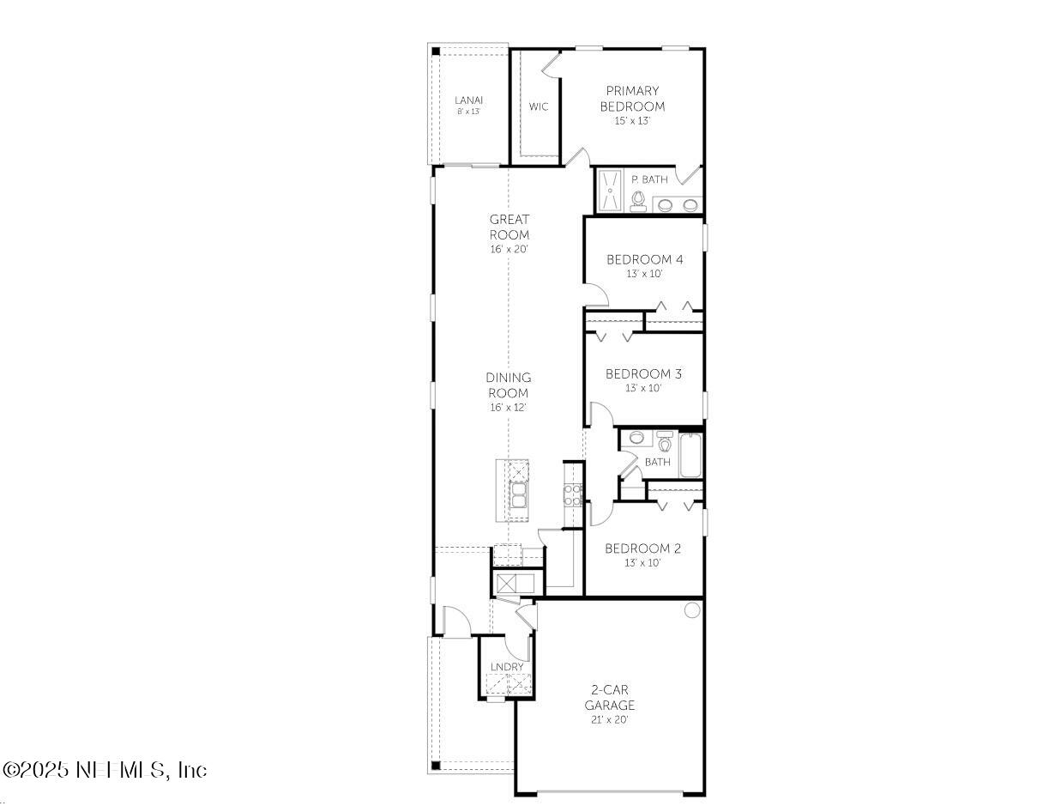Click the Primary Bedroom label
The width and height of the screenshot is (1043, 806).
pyautogui.click(x=632, y=99)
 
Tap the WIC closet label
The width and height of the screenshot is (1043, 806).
pyautogui.click(x=538, y=107)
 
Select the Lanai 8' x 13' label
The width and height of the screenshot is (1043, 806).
pyautogui.click(x=468, y=105)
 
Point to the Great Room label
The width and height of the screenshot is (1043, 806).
pyautogui.click(x=509, y=227)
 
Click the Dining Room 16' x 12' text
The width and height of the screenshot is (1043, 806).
pyautogui.click(x=508, y=392)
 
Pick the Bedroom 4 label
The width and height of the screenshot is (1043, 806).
pyautogui.click(x=644, y=260)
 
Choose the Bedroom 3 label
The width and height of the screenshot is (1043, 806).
pyautogui.click(x=643, y=374)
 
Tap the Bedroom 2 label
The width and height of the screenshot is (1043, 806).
pyautogui.click(x=642, y=549)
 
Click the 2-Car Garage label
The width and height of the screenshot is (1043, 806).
pyautogui.click(x=610, y=698)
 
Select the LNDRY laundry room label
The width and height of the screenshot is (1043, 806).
pyautogui.click(x=507, y=667)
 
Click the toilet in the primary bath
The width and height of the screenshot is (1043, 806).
pyautogui.click(x=637, y=200)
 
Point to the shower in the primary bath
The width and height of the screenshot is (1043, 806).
pyautogui.click(x=611, y=190)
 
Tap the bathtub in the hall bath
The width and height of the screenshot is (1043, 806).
pyautogui.click(x=691, y=455)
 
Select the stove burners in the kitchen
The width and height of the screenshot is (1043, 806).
pyautogui.click(x=572, y=493)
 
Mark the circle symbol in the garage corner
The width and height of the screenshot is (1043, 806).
pyautogui.click(x=691, y=609)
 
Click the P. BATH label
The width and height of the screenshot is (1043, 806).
pyautogui.click(x=648, y=179)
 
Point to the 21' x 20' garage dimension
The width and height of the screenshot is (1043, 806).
pyautogui.click(x=610, y=720)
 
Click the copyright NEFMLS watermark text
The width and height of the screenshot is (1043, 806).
pyautogui.click(x=105, y=770)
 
